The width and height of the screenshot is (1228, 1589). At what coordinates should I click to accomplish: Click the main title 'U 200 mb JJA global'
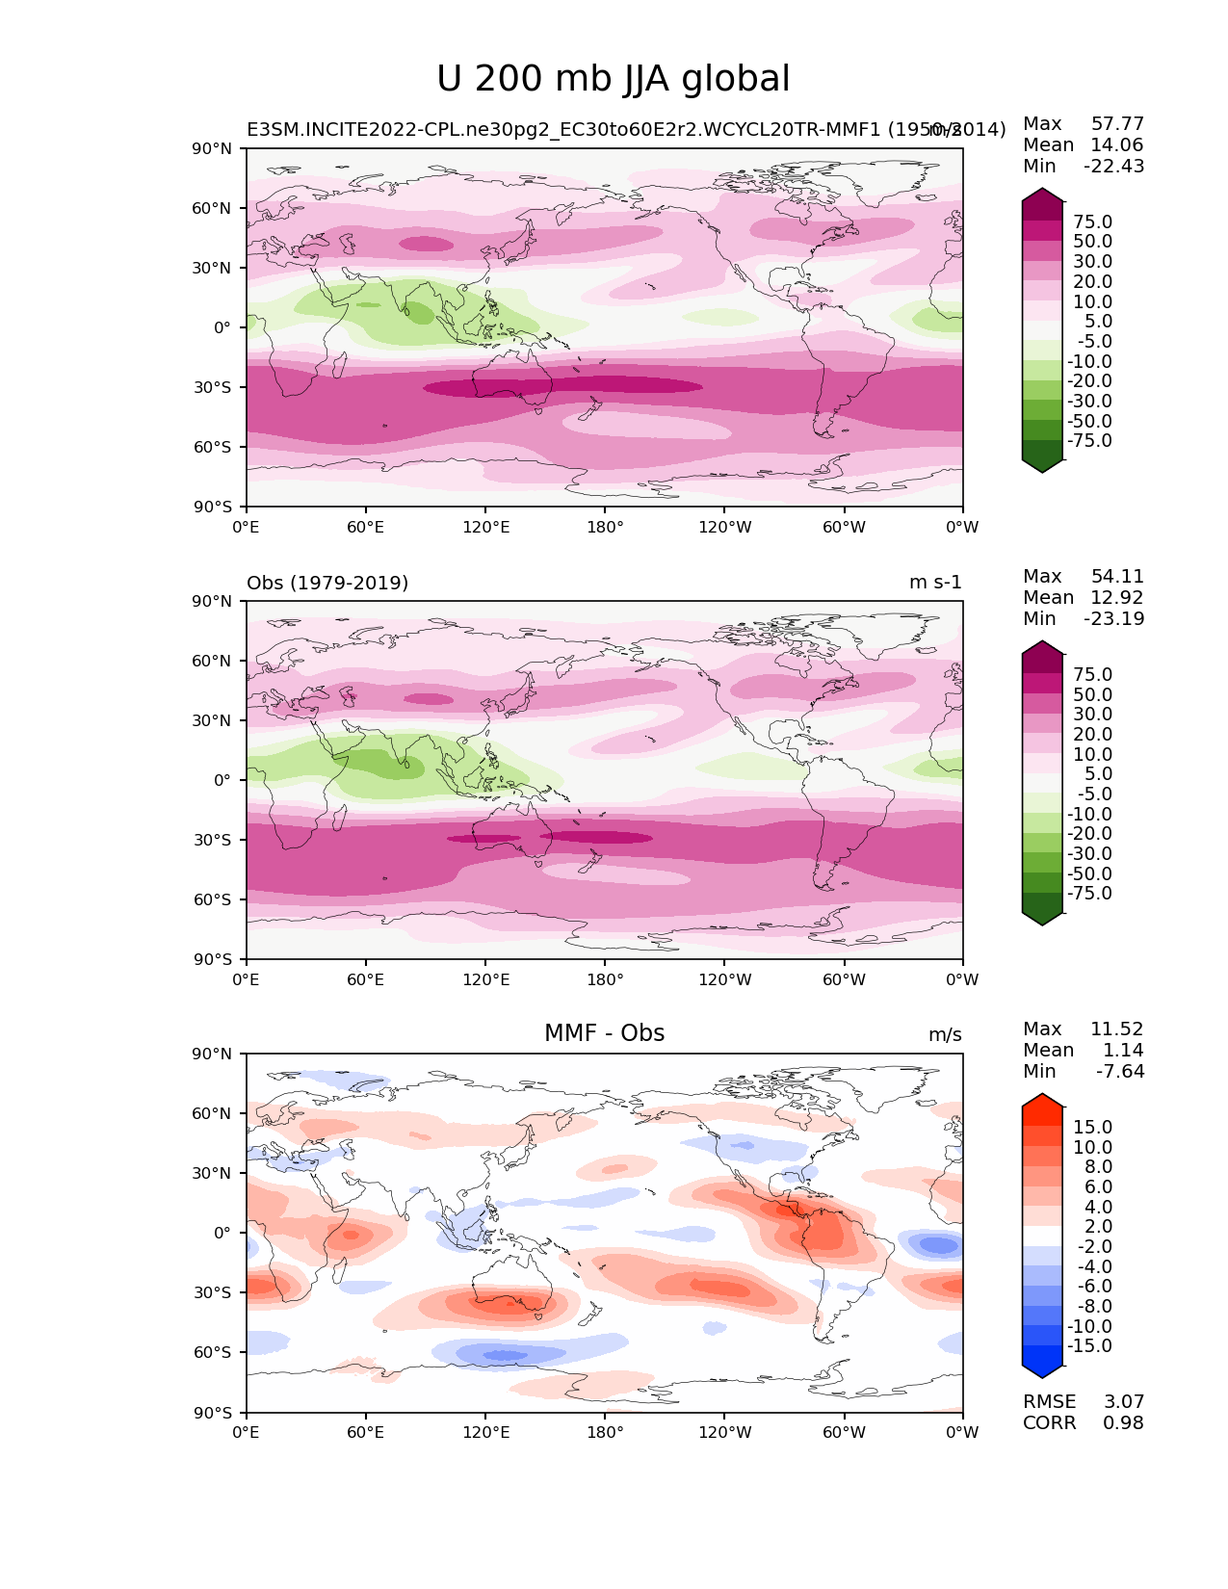tap(613, 80)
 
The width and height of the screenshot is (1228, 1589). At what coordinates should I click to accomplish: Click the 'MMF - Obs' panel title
tap(604, 1033)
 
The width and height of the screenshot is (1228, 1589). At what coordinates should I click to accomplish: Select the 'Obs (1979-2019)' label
tap(327, 583)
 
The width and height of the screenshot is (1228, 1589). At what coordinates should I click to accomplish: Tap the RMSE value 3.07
tap(1123, 1401)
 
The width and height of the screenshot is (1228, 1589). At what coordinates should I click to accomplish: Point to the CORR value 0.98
tap(1123, 1422)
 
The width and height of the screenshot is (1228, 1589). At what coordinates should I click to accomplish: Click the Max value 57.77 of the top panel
tap(1117, 123)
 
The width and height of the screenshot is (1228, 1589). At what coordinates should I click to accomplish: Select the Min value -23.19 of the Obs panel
tap(1114, 618)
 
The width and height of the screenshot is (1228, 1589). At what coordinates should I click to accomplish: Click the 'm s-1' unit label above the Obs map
tap(935, 583)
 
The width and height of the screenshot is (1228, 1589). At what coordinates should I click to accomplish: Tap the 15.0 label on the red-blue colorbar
tap(1092, 1127)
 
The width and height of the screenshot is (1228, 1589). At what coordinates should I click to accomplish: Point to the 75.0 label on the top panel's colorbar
tap(1092, 221)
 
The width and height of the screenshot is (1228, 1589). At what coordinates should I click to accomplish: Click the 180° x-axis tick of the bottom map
tap(605, 1432)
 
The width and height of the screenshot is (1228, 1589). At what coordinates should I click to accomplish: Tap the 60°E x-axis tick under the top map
tap(366, 527)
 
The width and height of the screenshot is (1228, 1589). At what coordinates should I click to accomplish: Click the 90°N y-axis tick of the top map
tap(213, 148)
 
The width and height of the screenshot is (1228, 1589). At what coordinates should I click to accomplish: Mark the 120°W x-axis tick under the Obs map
tap(724, 979)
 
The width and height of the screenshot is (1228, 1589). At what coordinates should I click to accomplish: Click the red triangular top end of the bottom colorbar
tap(1042, 1102)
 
